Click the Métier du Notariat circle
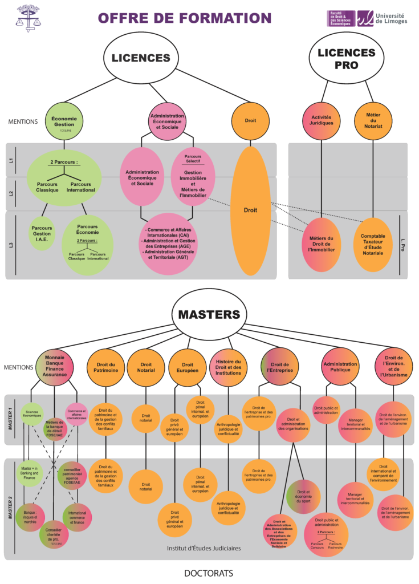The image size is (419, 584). point(373,121)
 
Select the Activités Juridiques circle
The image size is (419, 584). point(322,121)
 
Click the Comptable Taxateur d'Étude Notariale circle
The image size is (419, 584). point(373,244)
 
